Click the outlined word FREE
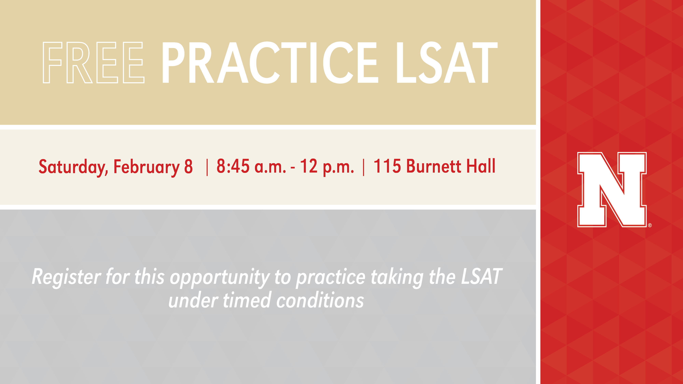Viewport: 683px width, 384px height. [x=94, y=62]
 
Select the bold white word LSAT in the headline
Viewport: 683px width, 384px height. [x=447, y=62]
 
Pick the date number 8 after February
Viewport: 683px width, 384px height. [x=189, y=166]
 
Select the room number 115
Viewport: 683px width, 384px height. [x=387, y=166]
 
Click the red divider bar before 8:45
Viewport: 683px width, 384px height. [x=207, y=167]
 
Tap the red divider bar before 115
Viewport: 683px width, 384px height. [x=364, y=167]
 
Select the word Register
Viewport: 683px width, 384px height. [x=66, y=277]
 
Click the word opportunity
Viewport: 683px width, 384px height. [x=220, y=278]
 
